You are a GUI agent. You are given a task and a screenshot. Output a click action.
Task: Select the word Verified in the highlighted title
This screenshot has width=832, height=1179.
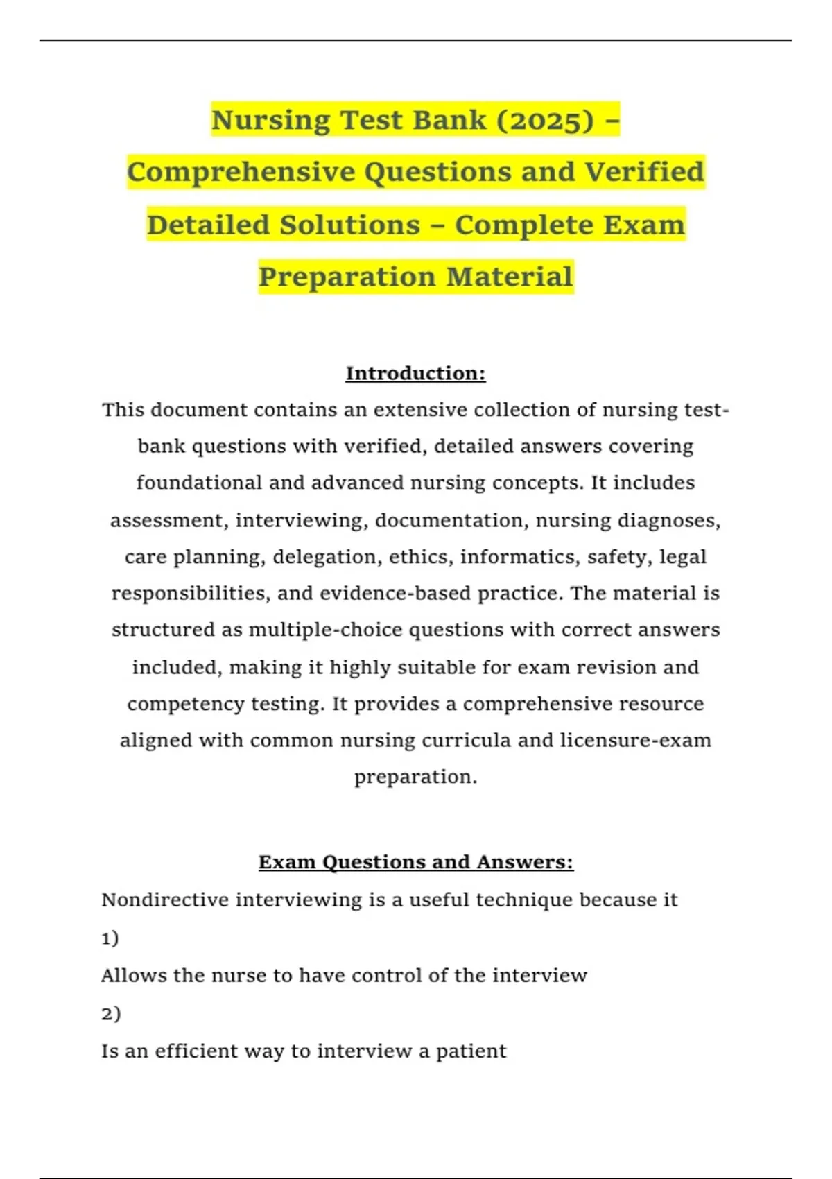click(x=644, y=172)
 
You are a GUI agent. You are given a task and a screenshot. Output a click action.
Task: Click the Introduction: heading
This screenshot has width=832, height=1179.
click(x=415, y=373)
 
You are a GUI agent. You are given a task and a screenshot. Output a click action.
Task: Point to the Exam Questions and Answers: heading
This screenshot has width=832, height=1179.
click(x=415, y=862)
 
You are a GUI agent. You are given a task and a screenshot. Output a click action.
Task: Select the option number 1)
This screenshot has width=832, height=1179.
click(x=110, y=938)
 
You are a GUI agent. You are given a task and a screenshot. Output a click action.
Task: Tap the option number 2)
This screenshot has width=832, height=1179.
click(x=111, y=1013)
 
